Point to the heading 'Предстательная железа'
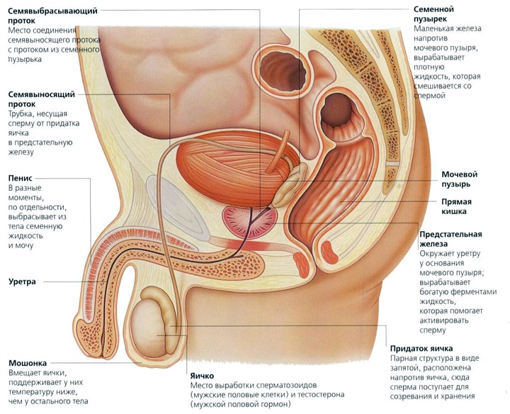click(x=450, y=239)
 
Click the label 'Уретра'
click(x=23, y=281)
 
